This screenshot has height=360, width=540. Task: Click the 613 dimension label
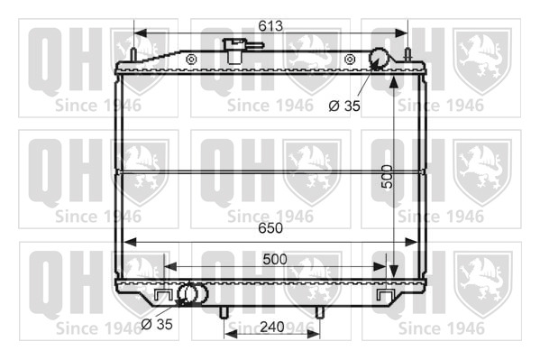click(270, 26)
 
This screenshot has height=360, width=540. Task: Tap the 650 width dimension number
click(270, 228)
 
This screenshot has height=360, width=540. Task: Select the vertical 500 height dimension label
click(388, 177)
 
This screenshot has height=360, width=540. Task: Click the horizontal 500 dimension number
click(274, 259)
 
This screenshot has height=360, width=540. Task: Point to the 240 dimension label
click(272, 327)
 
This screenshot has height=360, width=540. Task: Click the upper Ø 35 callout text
click(344, 106)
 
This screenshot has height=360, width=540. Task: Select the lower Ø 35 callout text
click(157, 324)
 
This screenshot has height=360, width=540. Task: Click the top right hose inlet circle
click(379, 59)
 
